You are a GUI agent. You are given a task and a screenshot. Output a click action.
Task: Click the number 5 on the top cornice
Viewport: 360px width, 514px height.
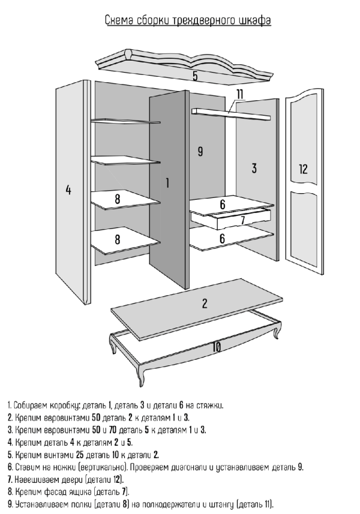click(x=195, y=76)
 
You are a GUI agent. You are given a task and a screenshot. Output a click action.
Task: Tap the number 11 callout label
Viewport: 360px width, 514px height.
click(x=240, y=94)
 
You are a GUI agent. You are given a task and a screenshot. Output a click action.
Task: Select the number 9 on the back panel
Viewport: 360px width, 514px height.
click(x=200, y=152)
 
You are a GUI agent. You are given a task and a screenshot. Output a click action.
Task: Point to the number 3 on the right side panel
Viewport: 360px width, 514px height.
click(x=254, y=168)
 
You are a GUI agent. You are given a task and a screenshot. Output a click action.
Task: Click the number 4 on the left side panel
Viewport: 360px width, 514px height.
click(x=68, y=190)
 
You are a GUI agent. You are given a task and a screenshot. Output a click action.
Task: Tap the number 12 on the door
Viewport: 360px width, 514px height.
click(x=303, y=169)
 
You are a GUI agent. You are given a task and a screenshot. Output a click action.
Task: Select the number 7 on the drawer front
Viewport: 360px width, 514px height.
click(x=242, y=220)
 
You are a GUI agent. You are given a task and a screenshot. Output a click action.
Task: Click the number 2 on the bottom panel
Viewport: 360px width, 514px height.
click(x=204, y=303)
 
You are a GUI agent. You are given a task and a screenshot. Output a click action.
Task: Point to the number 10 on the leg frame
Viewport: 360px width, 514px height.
click(x=216, y=347)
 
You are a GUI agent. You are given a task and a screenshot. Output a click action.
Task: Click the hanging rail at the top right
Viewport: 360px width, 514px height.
click(x=231, y=112)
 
